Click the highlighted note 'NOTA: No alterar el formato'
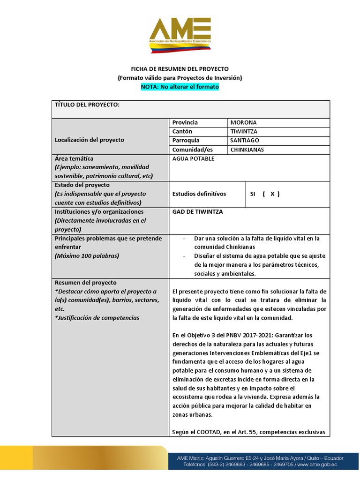[180, 87]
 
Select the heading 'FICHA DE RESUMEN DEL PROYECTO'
[180, 69]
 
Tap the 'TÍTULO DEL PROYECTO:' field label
[88, 105]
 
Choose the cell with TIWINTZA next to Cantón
[244, 131]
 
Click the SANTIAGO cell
[245, 140]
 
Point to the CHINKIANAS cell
[247, 150]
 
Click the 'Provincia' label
[185, 122]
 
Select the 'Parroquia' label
[186, 140]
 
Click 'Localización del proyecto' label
[90, 140]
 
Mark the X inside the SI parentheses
[272, 194]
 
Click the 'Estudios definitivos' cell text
[199, 194]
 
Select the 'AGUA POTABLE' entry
[193, 158]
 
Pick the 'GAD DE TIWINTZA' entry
[197, 211]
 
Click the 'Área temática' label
[74, 158]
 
